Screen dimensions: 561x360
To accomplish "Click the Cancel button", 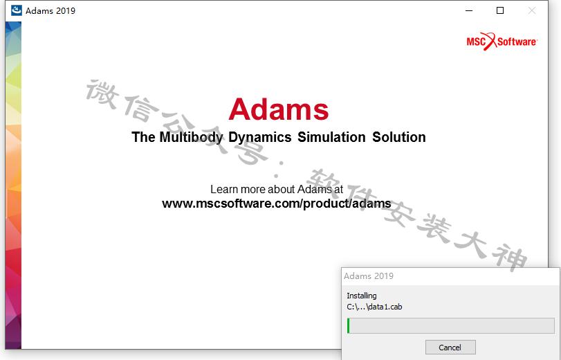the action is click(450, 347).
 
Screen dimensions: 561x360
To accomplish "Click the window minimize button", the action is click(469, 11).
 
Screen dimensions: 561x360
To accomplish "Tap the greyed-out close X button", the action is click(532, 11).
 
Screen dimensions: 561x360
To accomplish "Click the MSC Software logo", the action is click(502, 42).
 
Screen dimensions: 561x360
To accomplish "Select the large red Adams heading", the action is click(279, 109).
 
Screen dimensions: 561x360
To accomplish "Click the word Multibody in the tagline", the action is click(191, 137).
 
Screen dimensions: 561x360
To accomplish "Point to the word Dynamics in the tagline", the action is click(260, 137).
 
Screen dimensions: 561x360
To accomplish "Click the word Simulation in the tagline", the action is click(331, 137).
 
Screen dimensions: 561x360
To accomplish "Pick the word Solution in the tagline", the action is click(399, 137).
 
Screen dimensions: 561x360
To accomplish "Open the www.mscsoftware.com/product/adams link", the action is click(277, 204).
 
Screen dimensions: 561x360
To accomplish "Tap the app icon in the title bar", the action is click(17, 10).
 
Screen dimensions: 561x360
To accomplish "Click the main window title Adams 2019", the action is click(50, 11).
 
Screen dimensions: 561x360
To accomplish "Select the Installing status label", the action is click(361, 296).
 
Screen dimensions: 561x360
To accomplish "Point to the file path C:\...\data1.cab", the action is click(374, 307).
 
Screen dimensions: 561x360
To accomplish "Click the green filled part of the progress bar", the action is click(348, 325).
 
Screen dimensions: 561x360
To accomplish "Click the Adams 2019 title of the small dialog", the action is click(369, 276).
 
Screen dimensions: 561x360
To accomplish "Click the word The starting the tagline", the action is click(143, 137).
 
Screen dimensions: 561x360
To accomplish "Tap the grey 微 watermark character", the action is click(102, 94).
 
